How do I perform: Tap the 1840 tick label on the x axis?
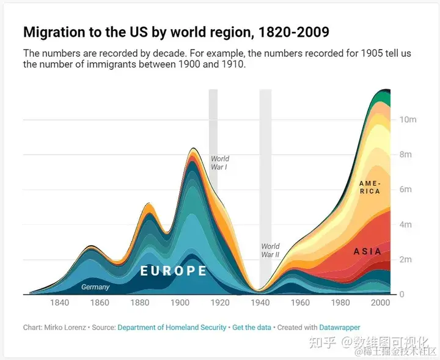click(x=59, y=303)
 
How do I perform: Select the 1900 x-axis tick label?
click(x=180, y=303)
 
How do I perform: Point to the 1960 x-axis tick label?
click(x=300, y=303)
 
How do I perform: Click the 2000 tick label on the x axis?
click(x=380, y=303)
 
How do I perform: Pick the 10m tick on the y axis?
click(x=408, y=120)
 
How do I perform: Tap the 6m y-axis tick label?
click(x=405, y=189)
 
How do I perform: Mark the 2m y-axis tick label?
click(x=405, y=260)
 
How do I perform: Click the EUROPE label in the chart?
click(x=174, y=271)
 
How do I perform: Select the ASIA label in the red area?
click(x=367, y=251)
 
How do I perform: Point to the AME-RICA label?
click(x=369, y=187)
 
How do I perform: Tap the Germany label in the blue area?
click(x=95, y=287)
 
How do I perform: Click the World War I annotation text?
click(x=220, y=163)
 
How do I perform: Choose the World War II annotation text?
click(x=270, y=251)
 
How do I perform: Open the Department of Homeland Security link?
click(x=172, y=328)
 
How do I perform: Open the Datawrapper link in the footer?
click(x=339, y=328)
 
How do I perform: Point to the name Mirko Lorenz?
click(x=65, y=328)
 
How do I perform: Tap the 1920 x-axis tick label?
click(x=220, y=303)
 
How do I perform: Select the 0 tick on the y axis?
click(x=402, y=295)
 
